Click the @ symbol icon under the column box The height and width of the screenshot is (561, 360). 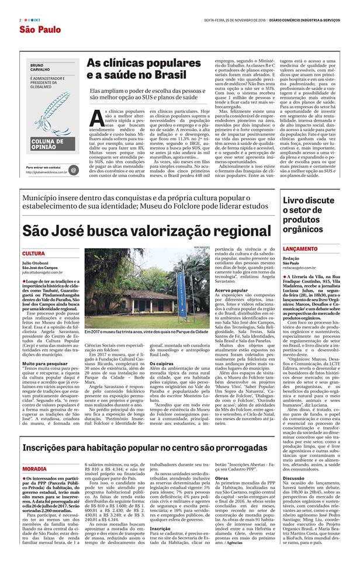73,170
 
